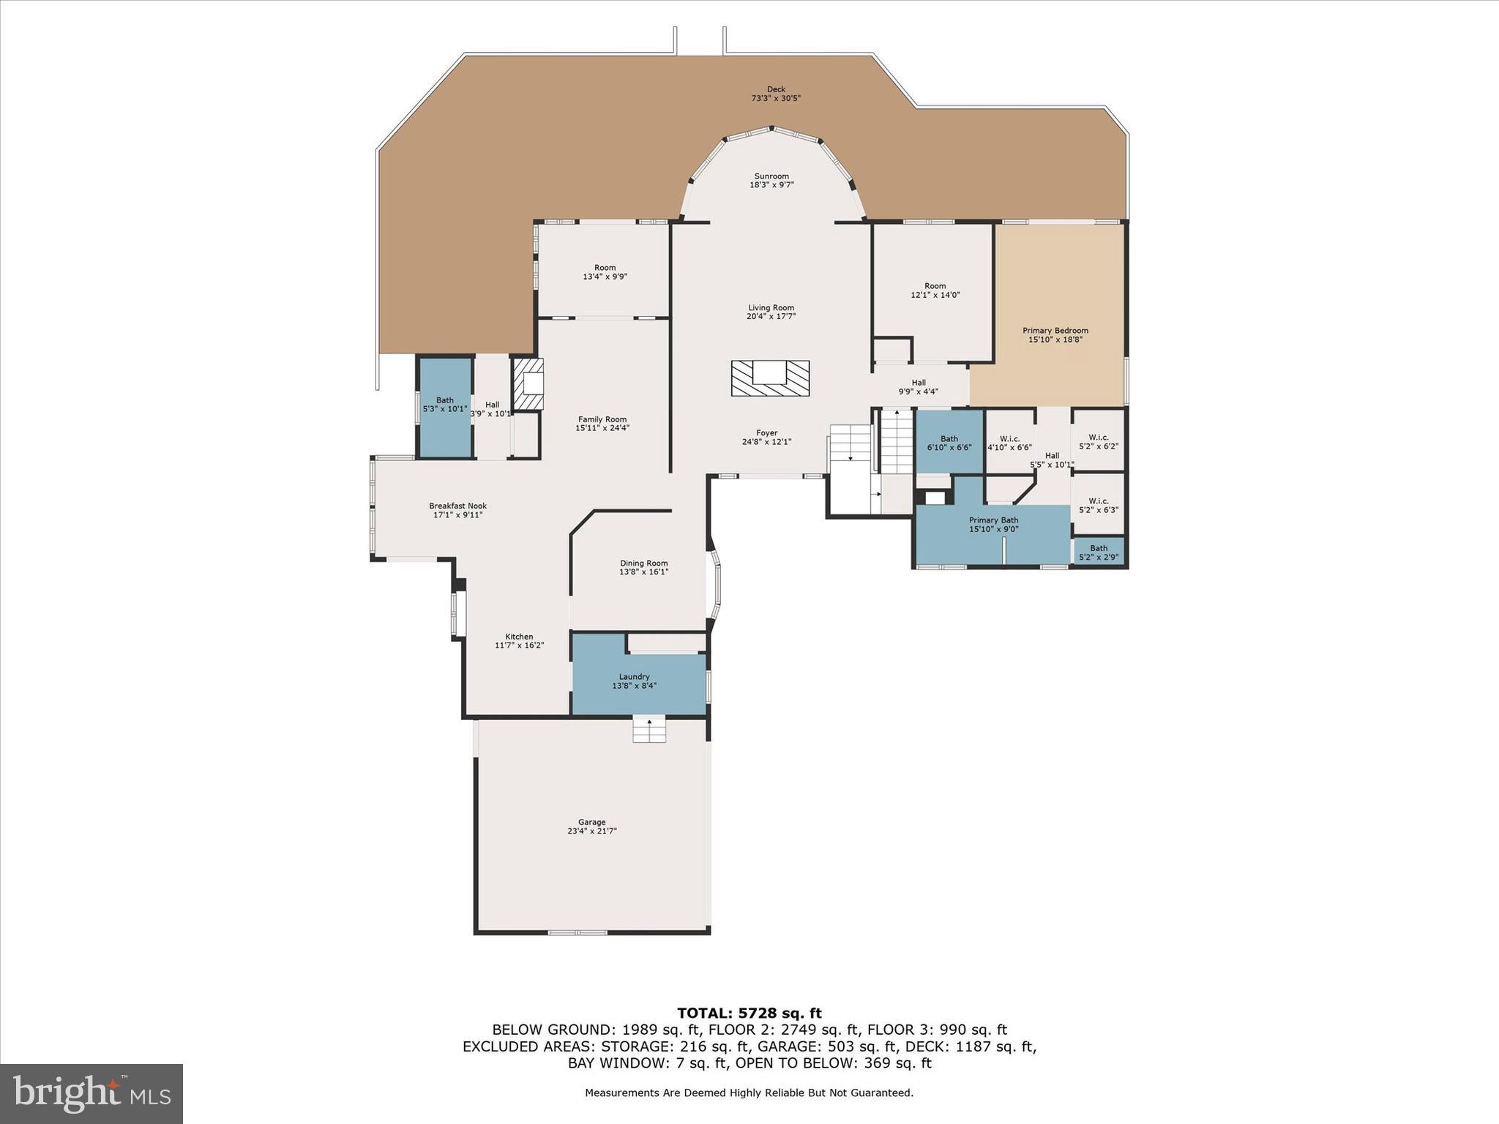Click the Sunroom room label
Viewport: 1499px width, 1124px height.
(771, 176)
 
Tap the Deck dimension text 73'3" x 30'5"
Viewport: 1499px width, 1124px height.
(776, 98)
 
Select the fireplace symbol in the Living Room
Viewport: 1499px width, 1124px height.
(770, 378)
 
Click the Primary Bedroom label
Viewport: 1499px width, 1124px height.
(1055, 331)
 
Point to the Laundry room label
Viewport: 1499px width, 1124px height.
(634, 677)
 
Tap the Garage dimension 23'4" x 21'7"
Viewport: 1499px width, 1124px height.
(591, 831)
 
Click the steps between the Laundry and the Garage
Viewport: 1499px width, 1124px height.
(649, 730)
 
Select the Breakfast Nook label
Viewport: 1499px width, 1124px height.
(457, 506)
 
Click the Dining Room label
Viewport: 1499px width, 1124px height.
(643, 563)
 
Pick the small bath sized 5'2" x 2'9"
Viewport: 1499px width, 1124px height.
(1098, 552)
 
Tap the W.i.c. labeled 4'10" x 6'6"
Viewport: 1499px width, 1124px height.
(1009, 443)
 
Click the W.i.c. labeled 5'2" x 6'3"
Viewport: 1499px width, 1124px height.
(1098, 506)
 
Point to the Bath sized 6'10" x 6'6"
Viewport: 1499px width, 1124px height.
(949, 443)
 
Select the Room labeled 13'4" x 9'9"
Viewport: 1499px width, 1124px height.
(605, 271)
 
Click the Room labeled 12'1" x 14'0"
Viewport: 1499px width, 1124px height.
(935, 291)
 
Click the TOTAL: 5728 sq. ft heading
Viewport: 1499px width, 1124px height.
(749, 1014)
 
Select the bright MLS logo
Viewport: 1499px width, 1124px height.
(91, 1093)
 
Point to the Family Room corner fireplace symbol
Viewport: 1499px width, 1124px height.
(528, 383)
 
